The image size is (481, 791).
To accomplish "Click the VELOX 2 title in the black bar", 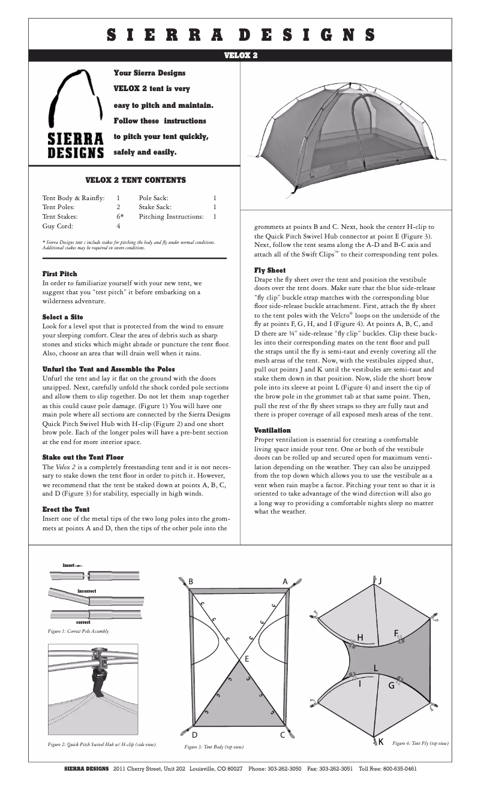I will (240, 55).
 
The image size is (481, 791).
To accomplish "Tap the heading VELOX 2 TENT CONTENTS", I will (136, 180).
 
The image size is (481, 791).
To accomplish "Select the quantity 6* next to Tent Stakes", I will (120, 216).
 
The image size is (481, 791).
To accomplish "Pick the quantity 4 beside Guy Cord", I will (118, 227).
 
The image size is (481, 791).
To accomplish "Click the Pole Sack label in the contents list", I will (154, 197).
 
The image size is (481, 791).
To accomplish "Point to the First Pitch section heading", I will (59, 274).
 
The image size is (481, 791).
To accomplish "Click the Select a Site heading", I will (62, 316).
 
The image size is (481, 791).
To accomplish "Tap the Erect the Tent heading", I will (66, 509).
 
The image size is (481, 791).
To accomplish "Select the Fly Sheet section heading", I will (270, 270).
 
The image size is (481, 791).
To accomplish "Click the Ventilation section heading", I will (272, 430).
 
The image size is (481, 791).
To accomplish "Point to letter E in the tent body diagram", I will (246, 659).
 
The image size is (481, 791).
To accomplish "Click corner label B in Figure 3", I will (191, 581).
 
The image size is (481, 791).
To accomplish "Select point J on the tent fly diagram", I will (380, 581).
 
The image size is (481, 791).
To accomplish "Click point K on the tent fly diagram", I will (380, 742).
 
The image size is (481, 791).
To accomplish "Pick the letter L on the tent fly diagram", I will (376, 668).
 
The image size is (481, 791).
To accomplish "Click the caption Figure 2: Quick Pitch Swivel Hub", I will (102, 744).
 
